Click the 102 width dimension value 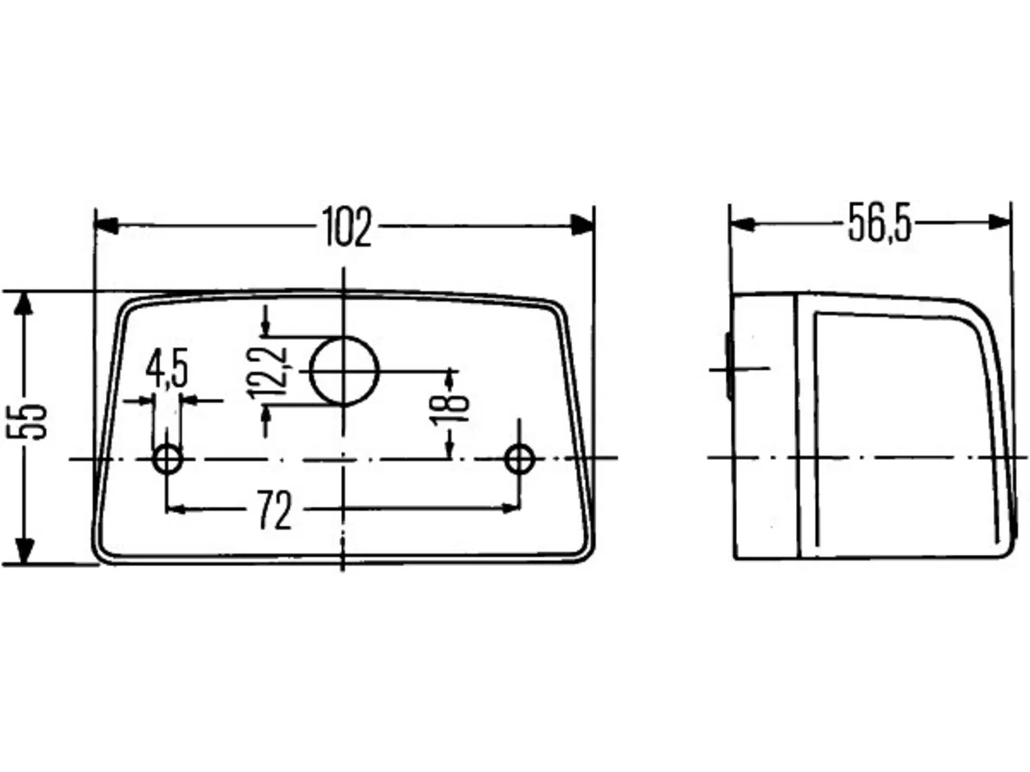pyautogui.click(x=347, y=227)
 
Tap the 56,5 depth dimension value pyautogui.click(x=880, y=223)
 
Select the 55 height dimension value pyautogui.click(x=27, y=421)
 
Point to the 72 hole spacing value pyautogui.click(x=275, y=510)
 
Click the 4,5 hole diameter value pyautogui.click(x=167, y=368)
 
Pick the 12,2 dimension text pyautogui.click(x=267, y=372)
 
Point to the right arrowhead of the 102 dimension pyautogui.click(x=582, y=225)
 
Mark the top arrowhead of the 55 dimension pyautogui.click(x=23, y=303)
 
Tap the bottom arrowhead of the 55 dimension pyautogui.click(x=24, y=551)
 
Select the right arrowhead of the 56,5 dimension pyautogui.click(x=999, y=222)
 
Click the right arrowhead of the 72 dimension pyautogui.click(x=510, y=508)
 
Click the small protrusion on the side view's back pyautogui.click(x=729, y=366)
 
